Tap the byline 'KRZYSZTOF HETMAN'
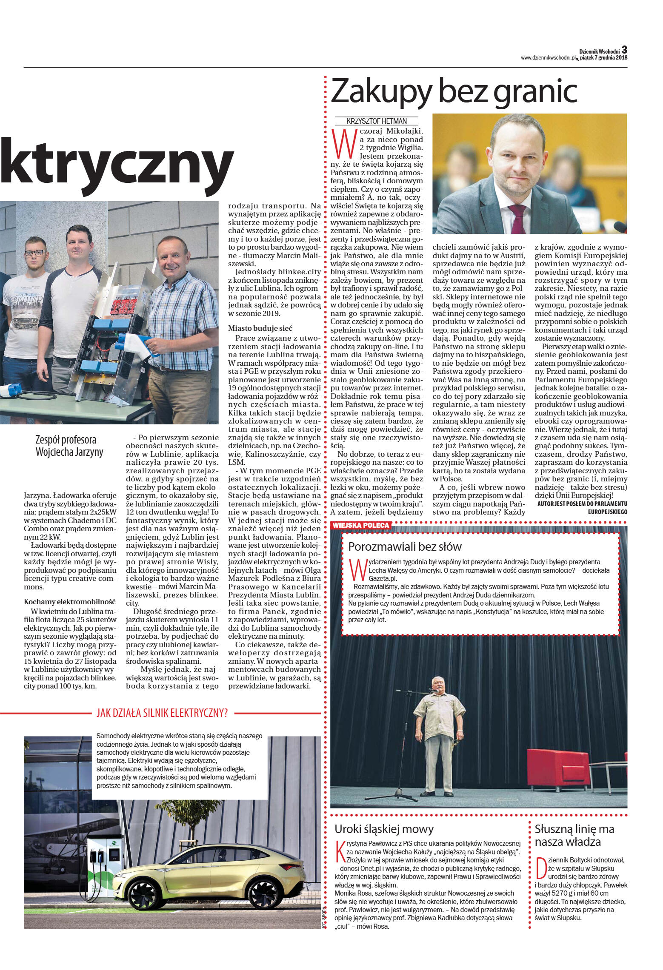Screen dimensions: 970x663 [x=376, y=121]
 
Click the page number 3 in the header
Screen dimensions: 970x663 [x=624, y=50]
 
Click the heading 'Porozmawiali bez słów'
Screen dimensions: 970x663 [x=405, y=546]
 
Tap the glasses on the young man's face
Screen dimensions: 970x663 [x=34, y=253]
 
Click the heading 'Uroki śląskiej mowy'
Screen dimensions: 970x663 [x=384, y=829]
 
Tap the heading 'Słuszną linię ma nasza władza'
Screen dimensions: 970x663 [x=574, y=835]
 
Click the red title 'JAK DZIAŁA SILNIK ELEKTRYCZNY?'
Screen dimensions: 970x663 [x=162, y=713]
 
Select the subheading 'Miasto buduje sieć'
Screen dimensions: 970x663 [x=260, y=329]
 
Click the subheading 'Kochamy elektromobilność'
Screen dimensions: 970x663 [x=70, y=602]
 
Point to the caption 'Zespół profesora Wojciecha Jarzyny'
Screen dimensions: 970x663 [x=69, y=446]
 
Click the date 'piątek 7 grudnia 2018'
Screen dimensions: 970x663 [x=603, y=58]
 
